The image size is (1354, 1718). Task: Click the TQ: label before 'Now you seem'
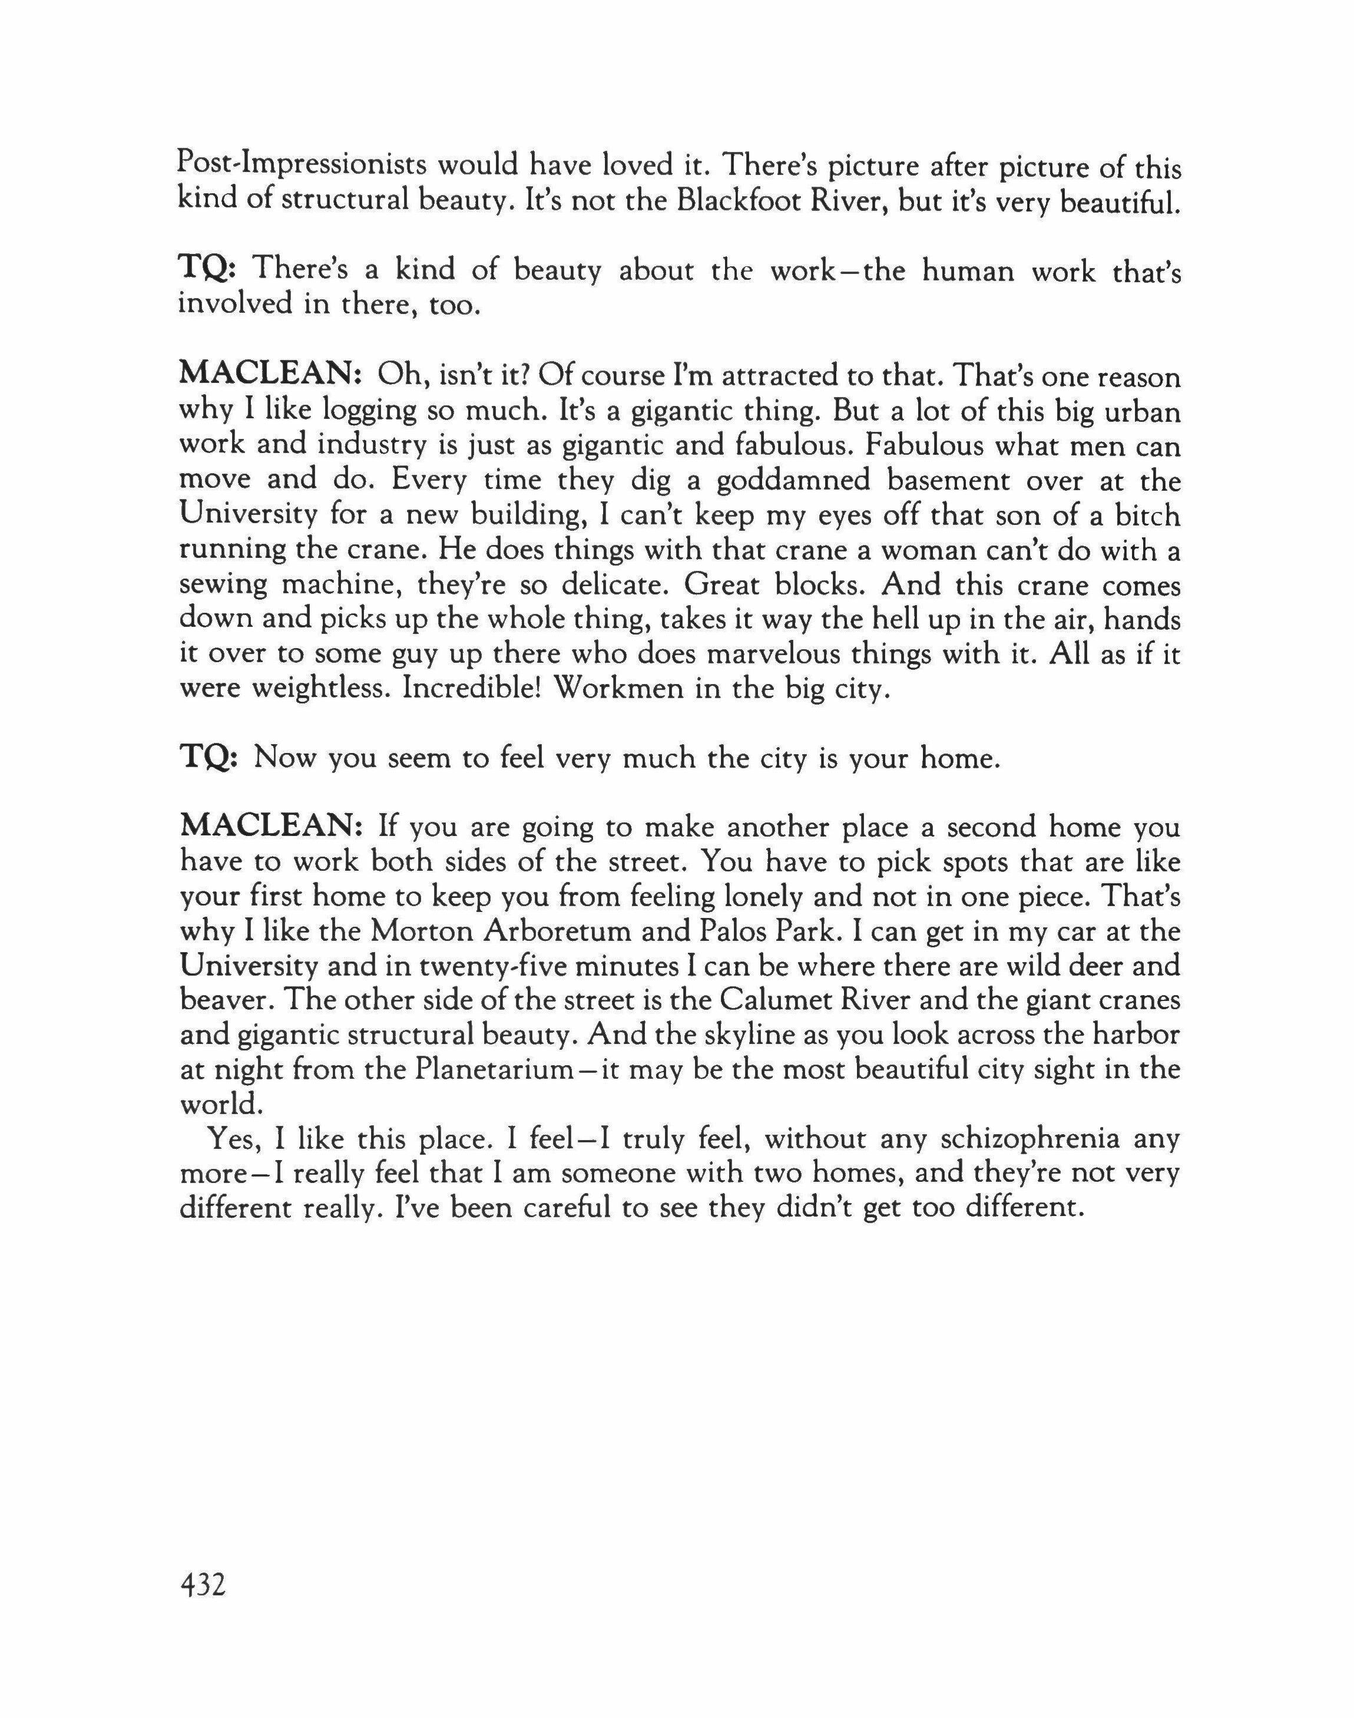point(207,759)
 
